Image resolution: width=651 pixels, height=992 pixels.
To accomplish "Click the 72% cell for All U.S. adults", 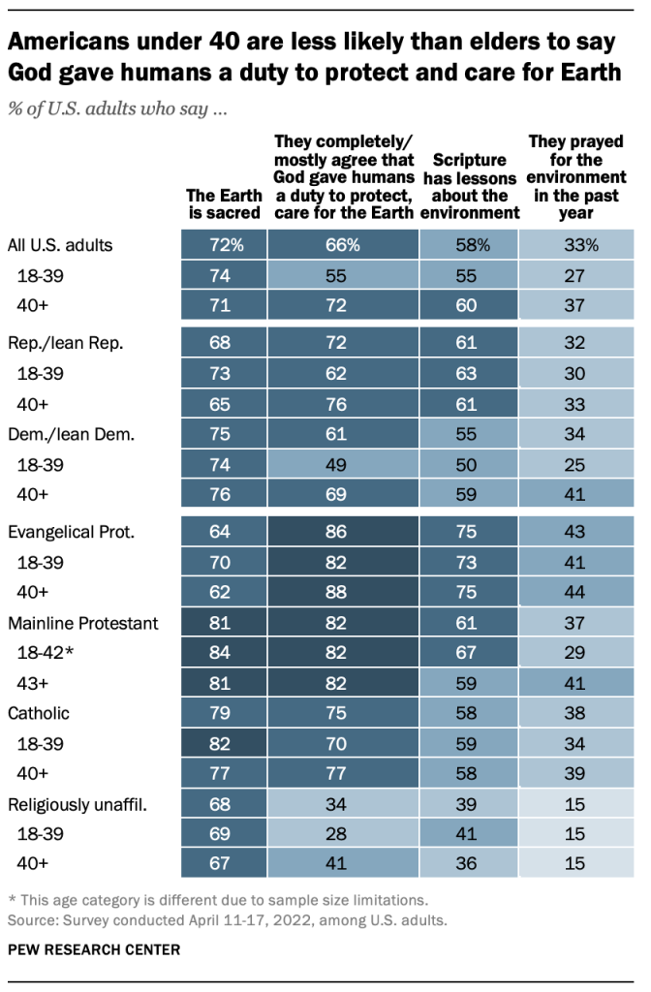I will pyautogui.click(x=224, y=245).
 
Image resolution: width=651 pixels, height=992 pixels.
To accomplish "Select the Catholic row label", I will pyautogui.click(x=41, y=714).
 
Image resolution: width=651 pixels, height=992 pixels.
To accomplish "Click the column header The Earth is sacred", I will pyautogui.click(x=224, y=203).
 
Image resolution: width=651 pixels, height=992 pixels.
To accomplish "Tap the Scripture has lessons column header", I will pyautogui.click(x=469, y=186).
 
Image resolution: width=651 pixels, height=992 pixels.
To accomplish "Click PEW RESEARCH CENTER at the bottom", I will pyautogui.click(x=93, y=950).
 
